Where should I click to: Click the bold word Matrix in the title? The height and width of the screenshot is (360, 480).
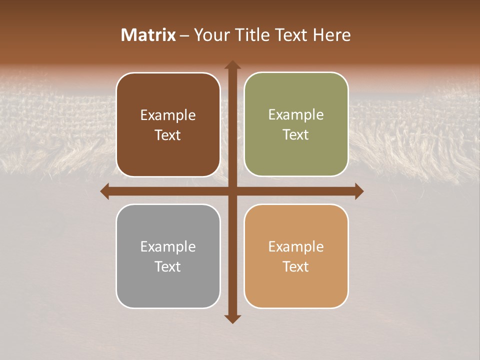[x=148, y=35]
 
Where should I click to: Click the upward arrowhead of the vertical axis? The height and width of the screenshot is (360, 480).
[x=232, y=65]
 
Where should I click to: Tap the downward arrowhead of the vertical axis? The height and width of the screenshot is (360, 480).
[x=232, y=318]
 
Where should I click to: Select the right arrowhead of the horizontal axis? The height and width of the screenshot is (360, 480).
[x=358, y=191]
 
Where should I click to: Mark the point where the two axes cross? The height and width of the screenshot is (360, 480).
[x=232, y=191]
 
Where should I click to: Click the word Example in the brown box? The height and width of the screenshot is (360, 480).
[x=168, y=115]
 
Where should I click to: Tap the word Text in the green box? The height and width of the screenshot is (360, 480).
[x=296, y=135]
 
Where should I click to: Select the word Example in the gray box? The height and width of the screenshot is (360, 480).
[x=168, y=246]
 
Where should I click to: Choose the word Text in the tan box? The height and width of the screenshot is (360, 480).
[x=296, y=266]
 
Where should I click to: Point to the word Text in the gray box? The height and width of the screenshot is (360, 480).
[x=168, y=266]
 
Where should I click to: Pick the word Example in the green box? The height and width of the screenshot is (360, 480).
[x=296, y=115]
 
